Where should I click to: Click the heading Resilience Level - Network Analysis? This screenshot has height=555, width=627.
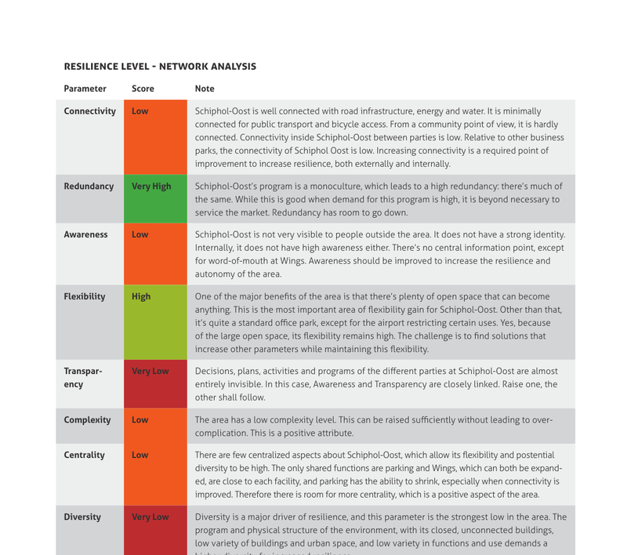(160, 67)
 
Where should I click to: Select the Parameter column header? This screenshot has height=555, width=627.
(85, 89)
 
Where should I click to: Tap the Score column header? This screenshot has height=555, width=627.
(143, 89)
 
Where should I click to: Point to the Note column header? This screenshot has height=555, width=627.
(205, 89)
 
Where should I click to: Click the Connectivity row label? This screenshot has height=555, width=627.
(89, 111)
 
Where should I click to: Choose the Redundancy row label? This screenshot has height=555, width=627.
(89, 187)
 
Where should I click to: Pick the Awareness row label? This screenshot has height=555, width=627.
(85, 234)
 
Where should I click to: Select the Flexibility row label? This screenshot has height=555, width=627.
(85, 297)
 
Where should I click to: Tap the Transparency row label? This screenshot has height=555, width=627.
(83, 378)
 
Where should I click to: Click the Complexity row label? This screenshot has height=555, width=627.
(87, 420)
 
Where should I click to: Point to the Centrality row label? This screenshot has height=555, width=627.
(84, 455)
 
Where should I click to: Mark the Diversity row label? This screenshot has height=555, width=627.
(82, 517)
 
